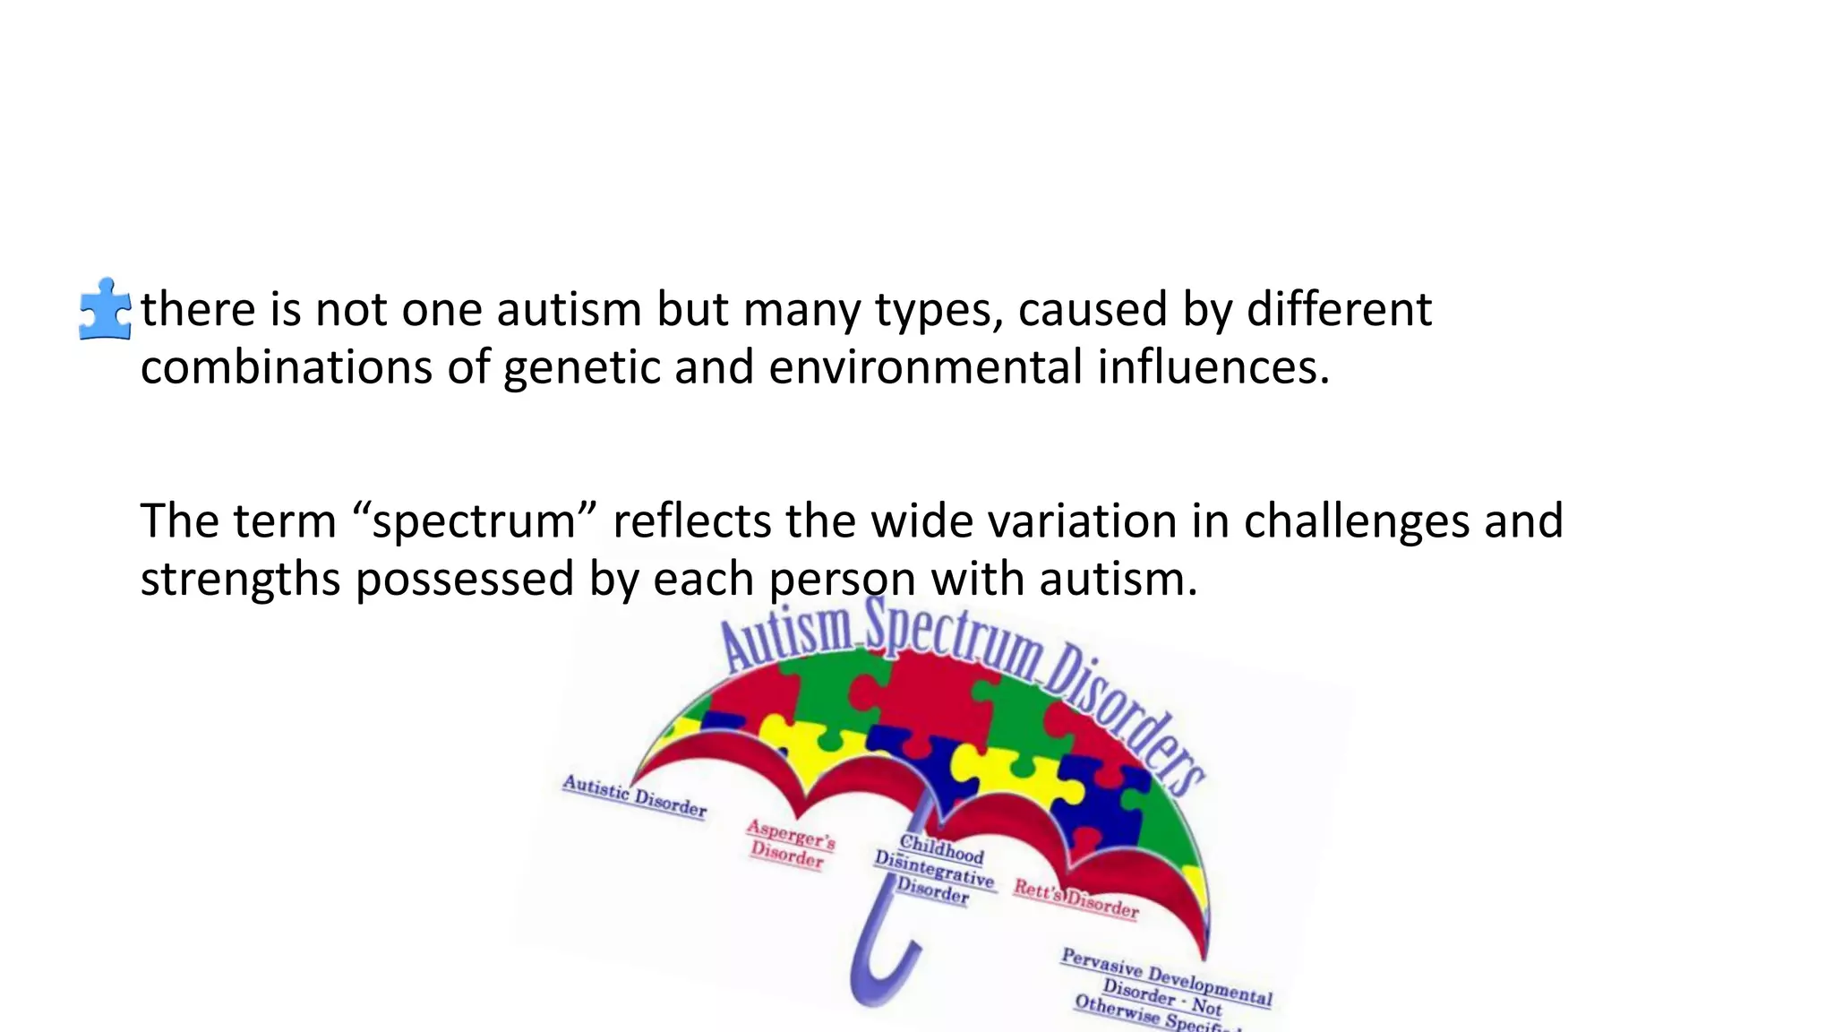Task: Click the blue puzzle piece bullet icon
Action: (105, 309)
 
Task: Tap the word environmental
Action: (925, 368)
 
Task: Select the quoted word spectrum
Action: (474, 521)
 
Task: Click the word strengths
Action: (240, 580)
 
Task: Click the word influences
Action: (1213, 368)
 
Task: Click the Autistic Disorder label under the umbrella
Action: (634, 796)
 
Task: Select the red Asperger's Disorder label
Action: (790, 844)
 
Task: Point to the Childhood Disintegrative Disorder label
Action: (934, 869)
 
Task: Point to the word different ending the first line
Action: (1339, 309)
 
